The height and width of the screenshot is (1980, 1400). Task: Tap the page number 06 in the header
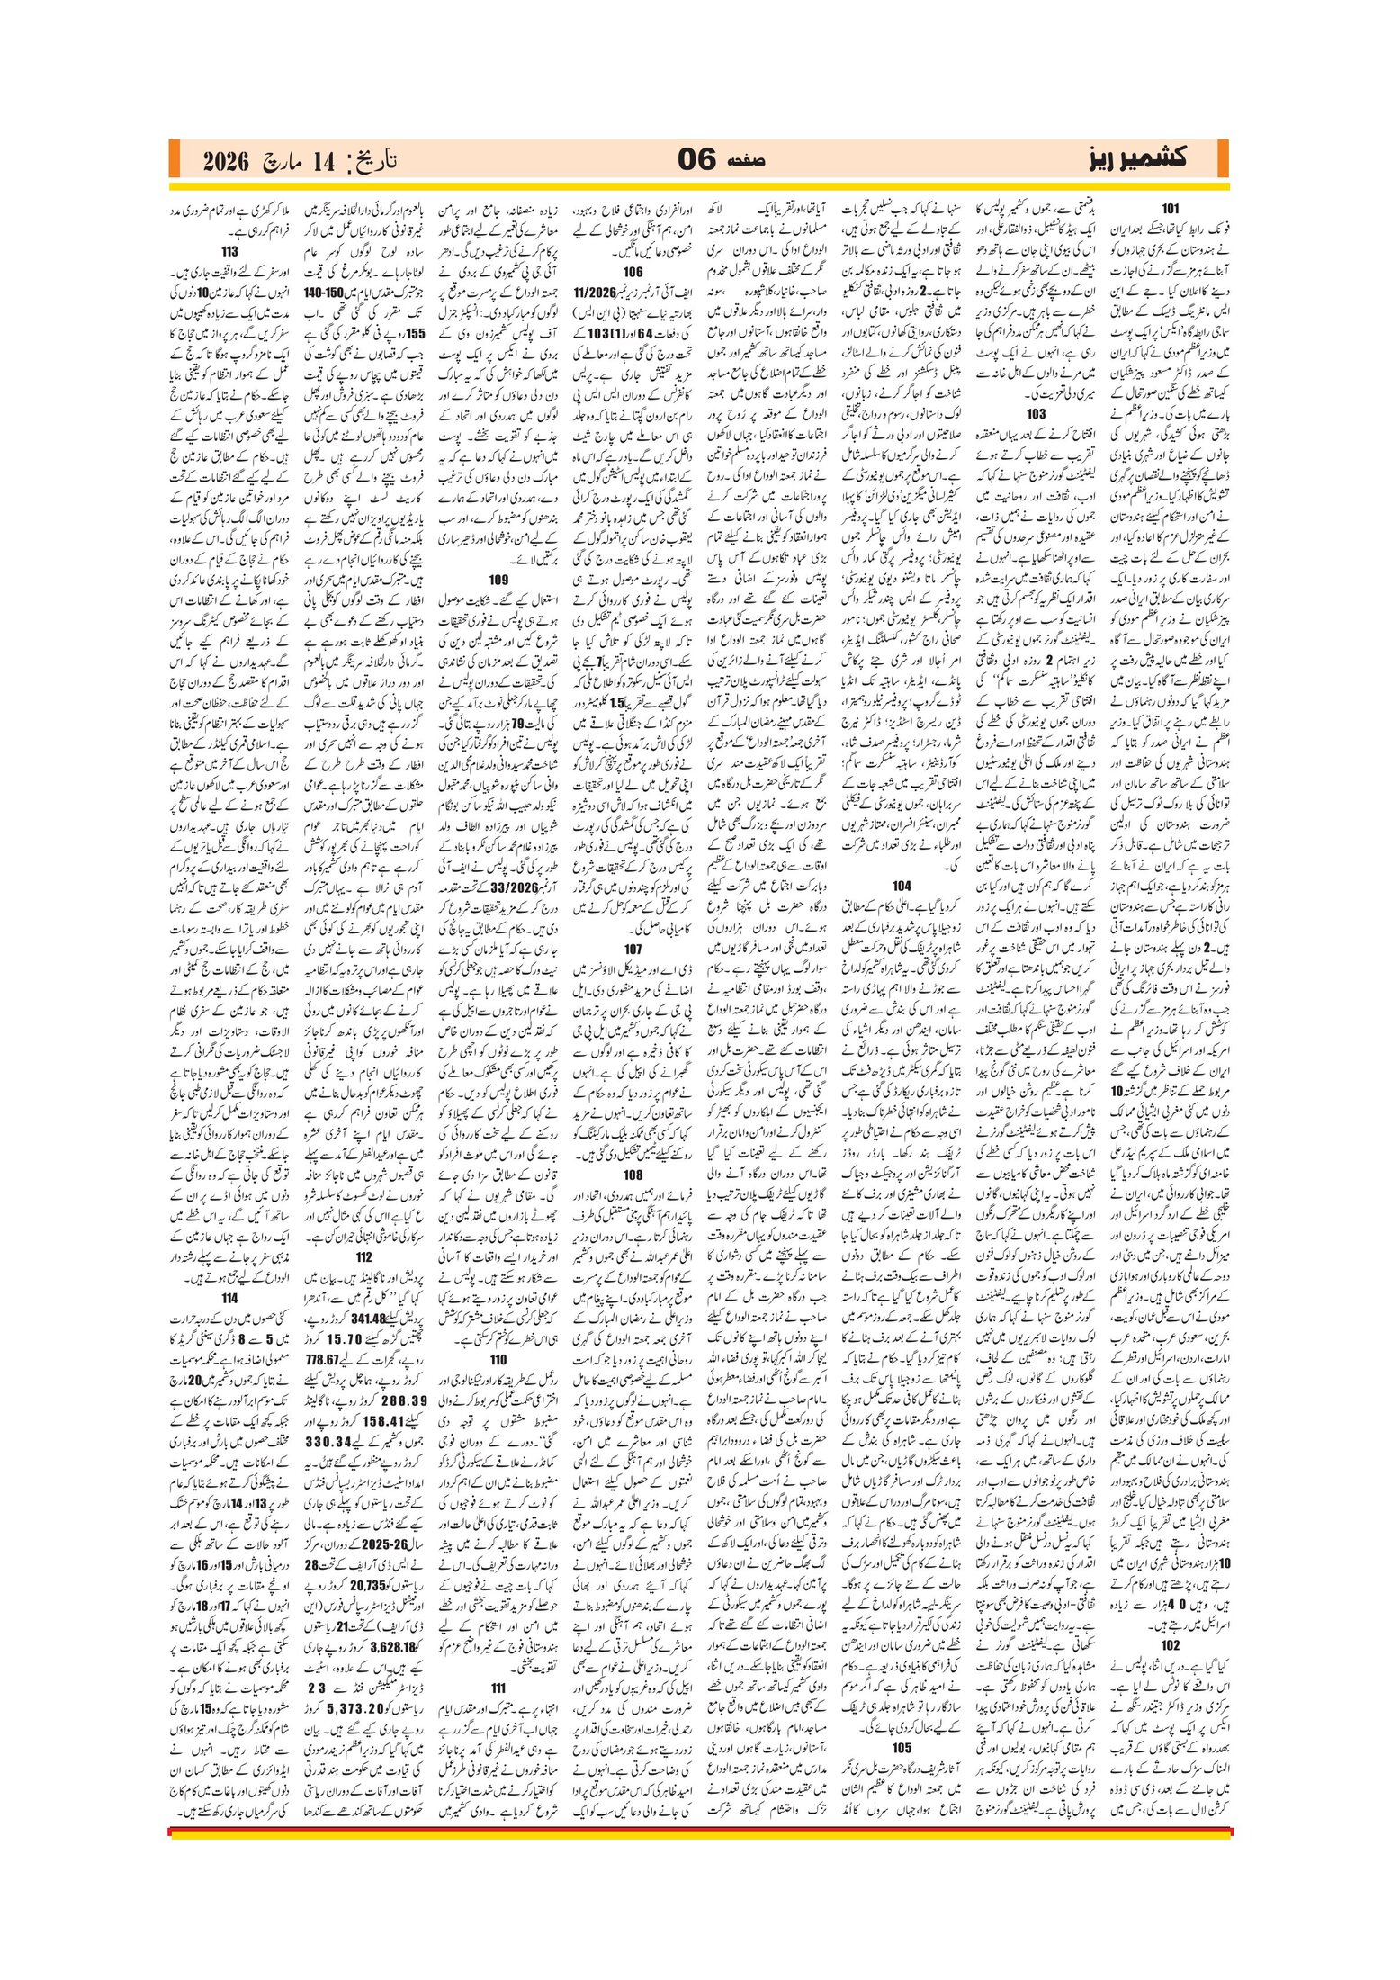coord(696,159)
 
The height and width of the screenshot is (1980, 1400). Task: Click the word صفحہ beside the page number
coord(744,160)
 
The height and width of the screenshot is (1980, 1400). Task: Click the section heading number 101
coord(1170,209)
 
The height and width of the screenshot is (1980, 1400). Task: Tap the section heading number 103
coord(1036,414)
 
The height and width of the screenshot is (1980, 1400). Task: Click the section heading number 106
coord(633,271)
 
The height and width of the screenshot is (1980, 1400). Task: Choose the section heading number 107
coord(633,949)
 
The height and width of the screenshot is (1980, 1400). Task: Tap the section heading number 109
coord(498,580)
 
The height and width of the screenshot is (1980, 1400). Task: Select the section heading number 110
coord(498,1334)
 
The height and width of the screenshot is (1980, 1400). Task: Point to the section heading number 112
coord(363,1257)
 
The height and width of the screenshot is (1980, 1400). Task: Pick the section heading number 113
coord(229,252)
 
